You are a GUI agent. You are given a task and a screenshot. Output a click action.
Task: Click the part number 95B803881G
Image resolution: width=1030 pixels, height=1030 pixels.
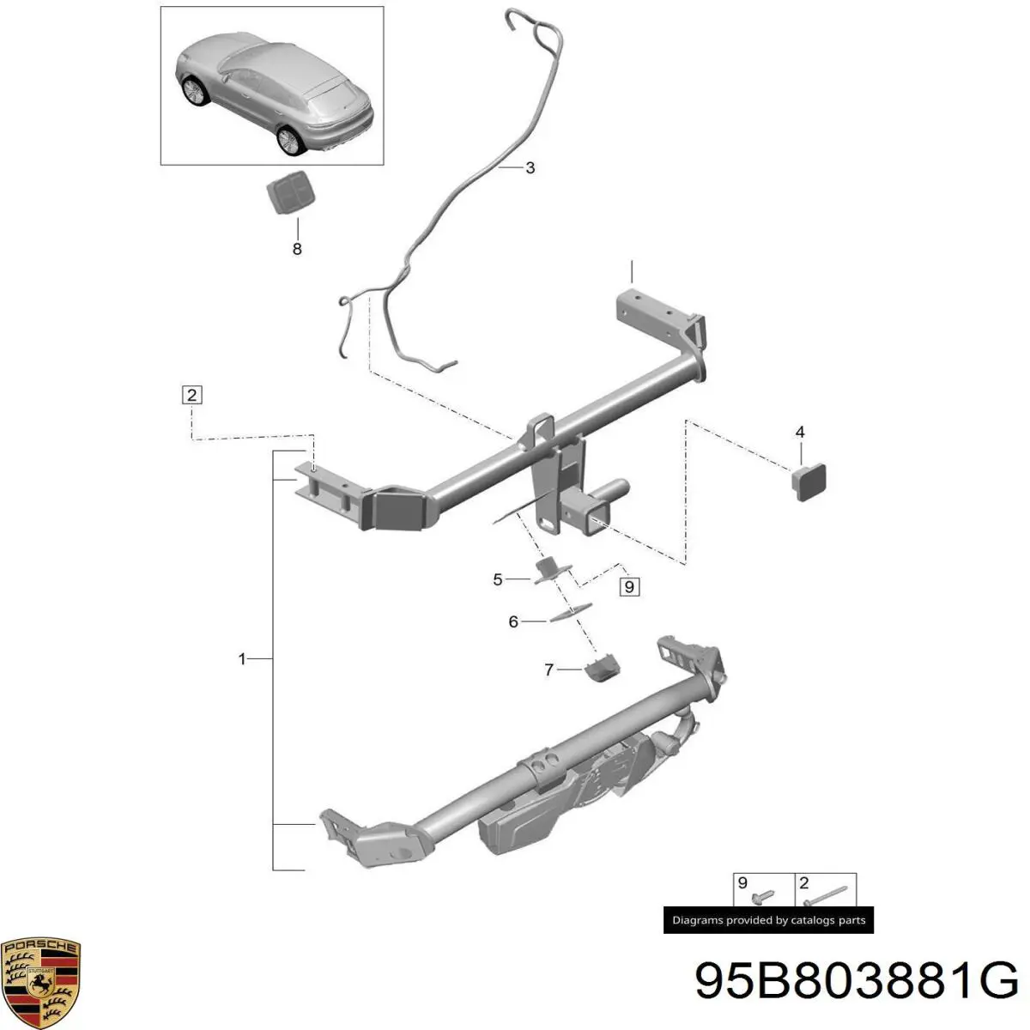(857, 979)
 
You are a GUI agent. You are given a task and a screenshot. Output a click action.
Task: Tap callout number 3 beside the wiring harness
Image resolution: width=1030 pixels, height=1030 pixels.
(530, 168)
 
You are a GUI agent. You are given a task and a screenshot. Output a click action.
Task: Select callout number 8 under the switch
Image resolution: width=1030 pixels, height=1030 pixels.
(297, 249)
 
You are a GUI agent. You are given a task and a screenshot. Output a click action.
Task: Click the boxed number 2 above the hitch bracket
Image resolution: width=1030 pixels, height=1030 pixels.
(192, 396)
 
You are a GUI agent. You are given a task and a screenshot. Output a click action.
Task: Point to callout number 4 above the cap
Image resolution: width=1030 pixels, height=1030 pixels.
(800, 432)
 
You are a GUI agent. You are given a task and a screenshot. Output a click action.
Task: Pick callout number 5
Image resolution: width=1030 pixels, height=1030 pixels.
(498, 579)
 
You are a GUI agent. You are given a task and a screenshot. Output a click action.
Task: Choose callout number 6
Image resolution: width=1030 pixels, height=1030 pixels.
(513, 621)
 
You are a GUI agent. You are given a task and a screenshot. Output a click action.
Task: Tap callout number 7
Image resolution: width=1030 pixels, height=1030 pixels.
(549, 669)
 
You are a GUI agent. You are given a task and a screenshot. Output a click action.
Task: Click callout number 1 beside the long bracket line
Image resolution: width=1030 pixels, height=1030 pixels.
(242, 659)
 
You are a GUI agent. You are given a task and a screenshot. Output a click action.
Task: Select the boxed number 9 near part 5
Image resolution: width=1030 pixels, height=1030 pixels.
(630, 587)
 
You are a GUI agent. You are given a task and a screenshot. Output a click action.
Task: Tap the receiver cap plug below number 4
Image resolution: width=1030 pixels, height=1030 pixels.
(809, 482)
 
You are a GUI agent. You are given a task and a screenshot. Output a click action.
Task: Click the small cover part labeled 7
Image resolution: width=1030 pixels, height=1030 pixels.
(603, 669)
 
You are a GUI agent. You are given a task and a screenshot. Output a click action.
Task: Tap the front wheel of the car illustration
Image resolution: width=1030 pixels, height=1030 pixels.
(193, 90)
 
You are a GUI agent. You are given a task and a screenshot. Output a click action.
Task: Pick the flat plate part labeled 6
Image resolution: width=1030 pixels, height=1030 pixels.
(569, 613)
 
